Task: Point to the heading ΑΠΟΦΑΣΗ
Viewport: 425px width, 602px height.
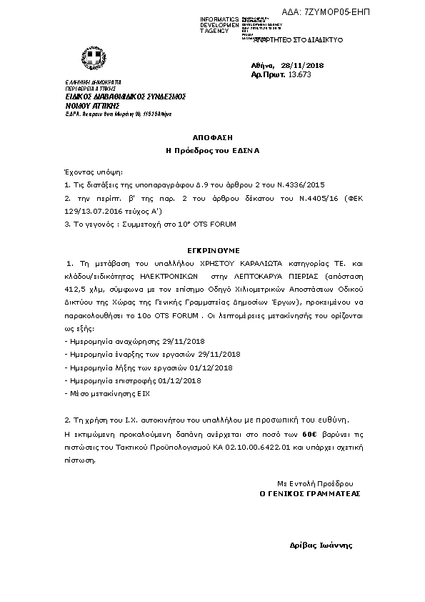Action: click(x=212, y=136)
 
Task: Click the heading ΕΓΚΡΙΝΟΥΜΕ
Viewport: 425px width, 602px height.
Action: click(x=211, y=250)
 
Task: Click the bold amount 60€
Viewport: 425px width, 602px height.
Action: click(x=309, y=433)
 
